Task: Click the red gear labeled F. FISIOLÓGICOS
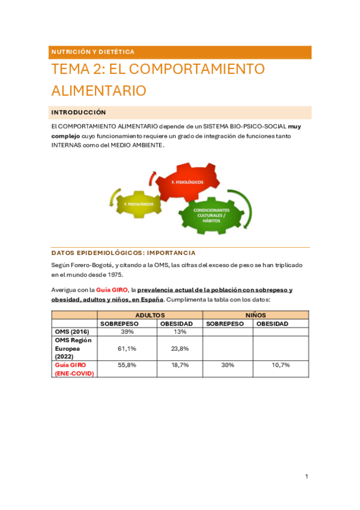pyautogui.click(x=187, y=180)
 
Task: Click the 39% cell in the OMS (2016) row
pyautogui.click(x=127, y=331)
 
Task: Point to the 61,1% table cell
pyautogui.click(x=127, y=348)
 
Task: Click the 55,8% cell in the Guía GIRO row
pyautogui.click(x=127, y=365)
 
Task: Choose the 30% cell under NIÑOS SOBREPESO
pyautogui.click(x=227, y=365)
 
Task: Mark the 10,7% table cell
pyautogui.click(x=280, y=365)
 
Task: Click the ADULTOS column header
pyautogui.click(x=150, y=315)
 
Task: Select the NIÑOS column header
pyautogui.click(x=256, y=315)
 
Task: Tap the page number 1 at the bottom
pyautogui.click(x=307, y=477)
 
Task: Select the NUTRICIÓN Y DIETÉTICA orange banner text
pyautogui.click(x=93, y=52)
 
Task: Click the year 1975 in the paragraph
pyautogui.click(x=112, y=274)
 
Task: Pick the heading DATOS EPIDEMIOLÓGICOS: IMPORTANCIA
pyautogui.click(x=123, y=253)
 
